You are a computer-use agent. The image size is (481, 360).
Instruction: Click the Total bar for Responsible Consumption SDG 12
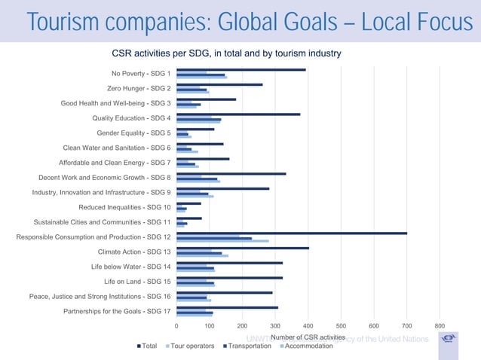[292, 233]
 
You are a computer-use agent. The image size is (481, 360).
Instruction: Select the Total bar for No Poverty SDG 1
[241, 69]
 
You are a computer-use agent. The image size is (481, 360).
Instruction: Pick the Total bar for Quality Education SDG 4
[238, 114]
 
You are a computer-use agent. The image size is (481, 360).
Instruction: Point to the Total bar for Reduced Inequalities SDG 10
[188, 203]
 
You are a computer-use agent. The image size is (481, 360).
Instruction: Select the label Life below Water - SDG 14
[131, 267]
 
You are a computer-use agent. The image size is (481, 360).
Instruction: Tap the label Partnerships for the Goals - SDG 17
[117, 311]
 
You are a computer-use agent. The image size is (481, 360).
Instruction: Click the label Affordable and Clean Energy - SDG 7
[115, 163]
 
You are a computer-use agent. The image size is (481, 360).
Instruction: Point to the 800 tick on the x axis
[440, 325]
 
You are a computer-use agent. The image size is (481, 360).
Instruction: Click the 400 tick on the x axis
[308, 325]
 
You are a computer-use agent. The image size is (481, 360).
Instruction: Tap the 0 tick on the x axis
[176, 325]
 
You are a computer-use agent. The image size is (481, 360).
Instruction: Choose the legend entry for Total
[146, 346]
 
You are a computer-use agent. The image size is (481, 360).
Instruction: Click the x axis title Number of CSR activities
[308, 337]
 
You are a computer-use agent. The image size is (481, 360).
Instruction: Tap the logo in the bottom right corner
[448, 338]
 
